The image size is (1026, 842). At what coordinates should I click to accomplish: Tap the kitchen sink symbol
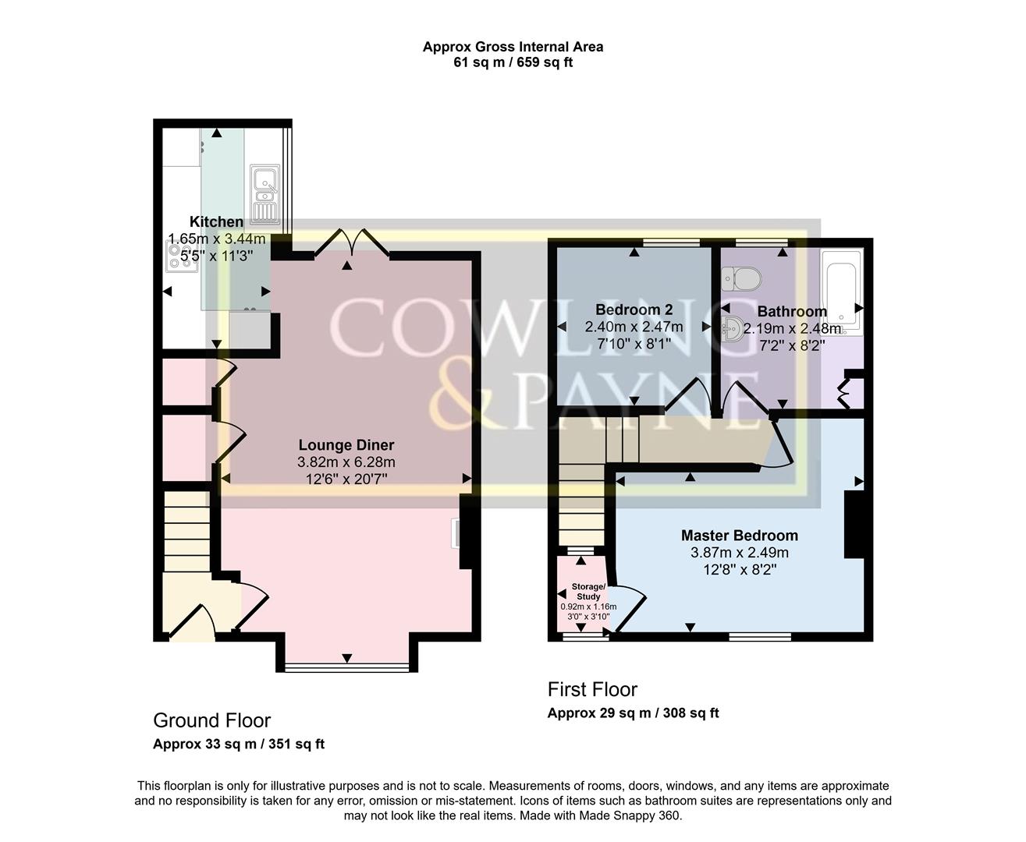[x=264, y=193]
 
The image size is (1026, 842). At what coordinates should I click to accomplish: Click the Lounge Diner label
[x=346, y=445]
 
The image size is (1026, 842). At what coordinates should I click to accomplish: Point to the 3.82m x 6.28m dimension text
[x=346, y=462]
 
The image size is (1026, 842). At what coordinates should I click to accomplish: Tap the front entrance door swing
[x=192, y=622]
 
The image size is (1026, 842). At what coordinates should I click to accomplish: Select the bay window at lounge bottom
[x=346, y=667]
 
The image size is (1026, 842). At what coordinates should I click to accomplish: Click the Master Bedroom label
[x=739, y=536]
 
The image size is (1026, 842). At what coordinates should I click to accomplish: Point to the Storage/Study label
[x=588, y=591]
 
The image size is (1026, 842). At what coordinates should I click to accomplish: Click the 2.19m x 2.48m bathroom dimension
[x=792, y=328]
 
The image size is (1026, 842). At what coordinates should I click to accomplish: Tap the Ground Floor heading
[x=211, y=720]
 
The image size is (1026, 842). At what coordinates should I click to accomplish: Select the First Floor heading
[x=592, y=689]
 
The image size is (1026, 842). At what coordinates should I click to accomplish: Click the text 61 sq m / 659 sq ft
[x=513, y=62]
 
